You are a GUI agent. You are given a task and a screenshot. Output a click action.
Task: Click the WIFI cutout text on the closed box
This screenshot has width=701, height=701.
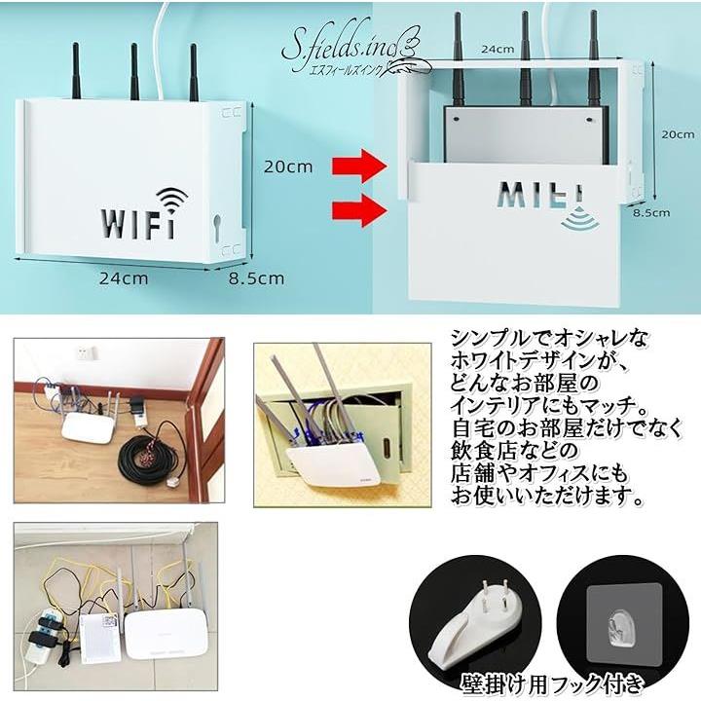[x=137, y=223]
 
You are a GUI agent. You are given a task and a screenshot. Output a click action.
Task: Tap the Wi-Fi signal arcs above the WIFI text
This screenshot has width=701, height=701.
[x=171, y=200]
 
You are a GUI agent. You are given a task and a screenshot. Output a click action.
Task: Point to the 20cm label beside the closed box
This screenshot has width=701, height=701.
[x=287, y=166]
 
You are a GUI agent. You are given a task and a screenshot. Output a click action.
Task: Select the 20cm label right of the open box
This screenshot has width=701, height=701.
[x=678, y=134]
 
